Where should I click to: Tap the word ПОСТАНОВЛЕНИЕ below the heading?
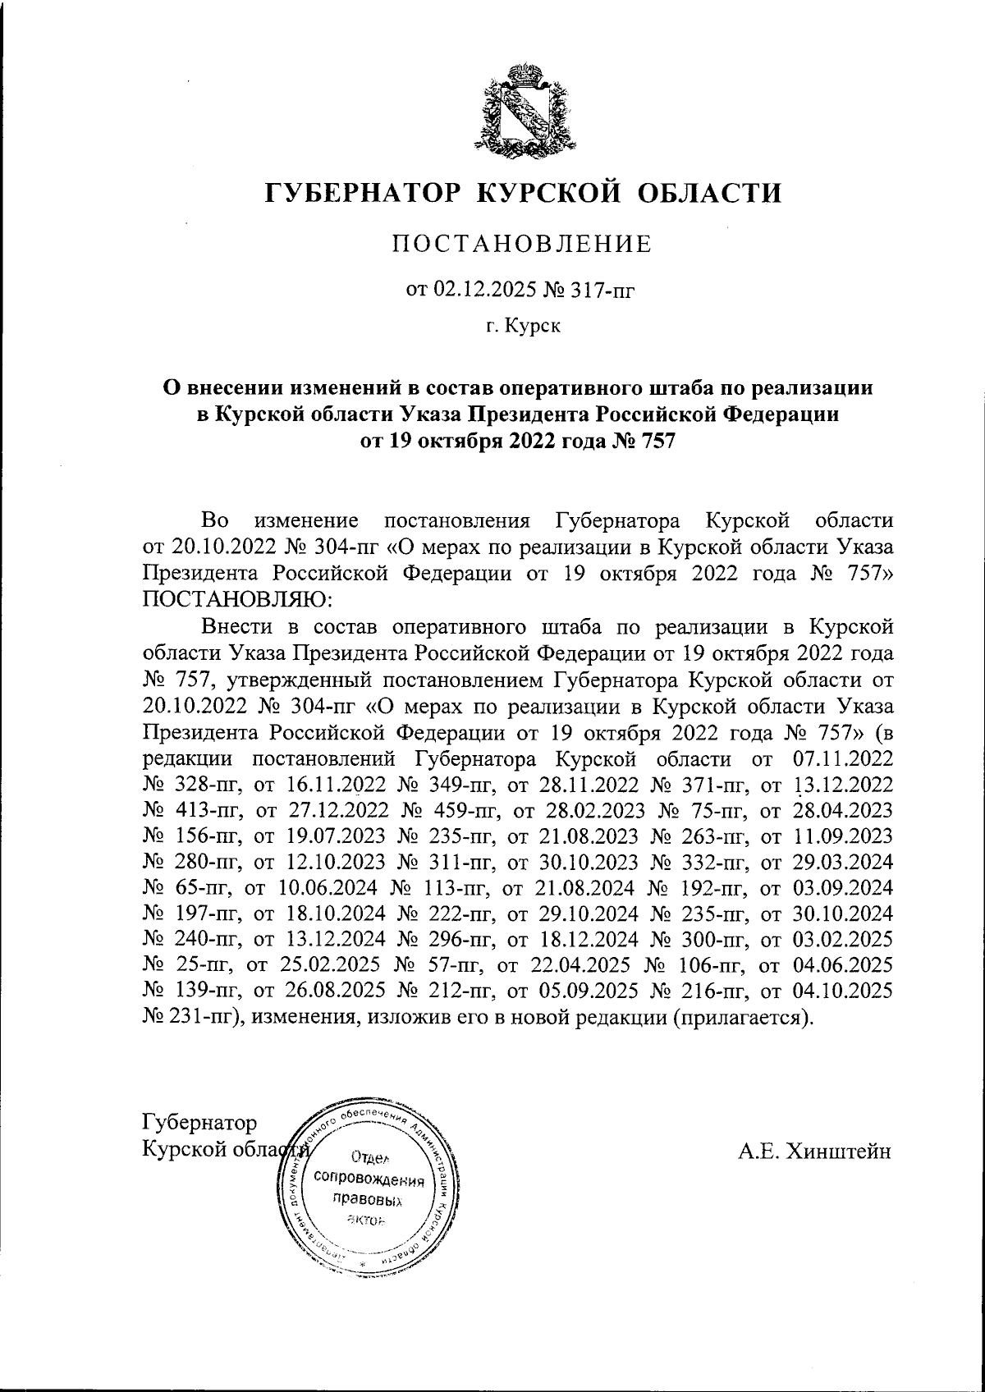[x=522, y=244]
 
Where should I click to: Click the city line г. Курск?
[x=523, y=327]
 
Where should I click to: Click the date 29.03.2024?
[x=845, y=863]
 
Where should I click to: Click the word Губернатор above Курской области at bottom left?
[x=199, y=1122]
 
